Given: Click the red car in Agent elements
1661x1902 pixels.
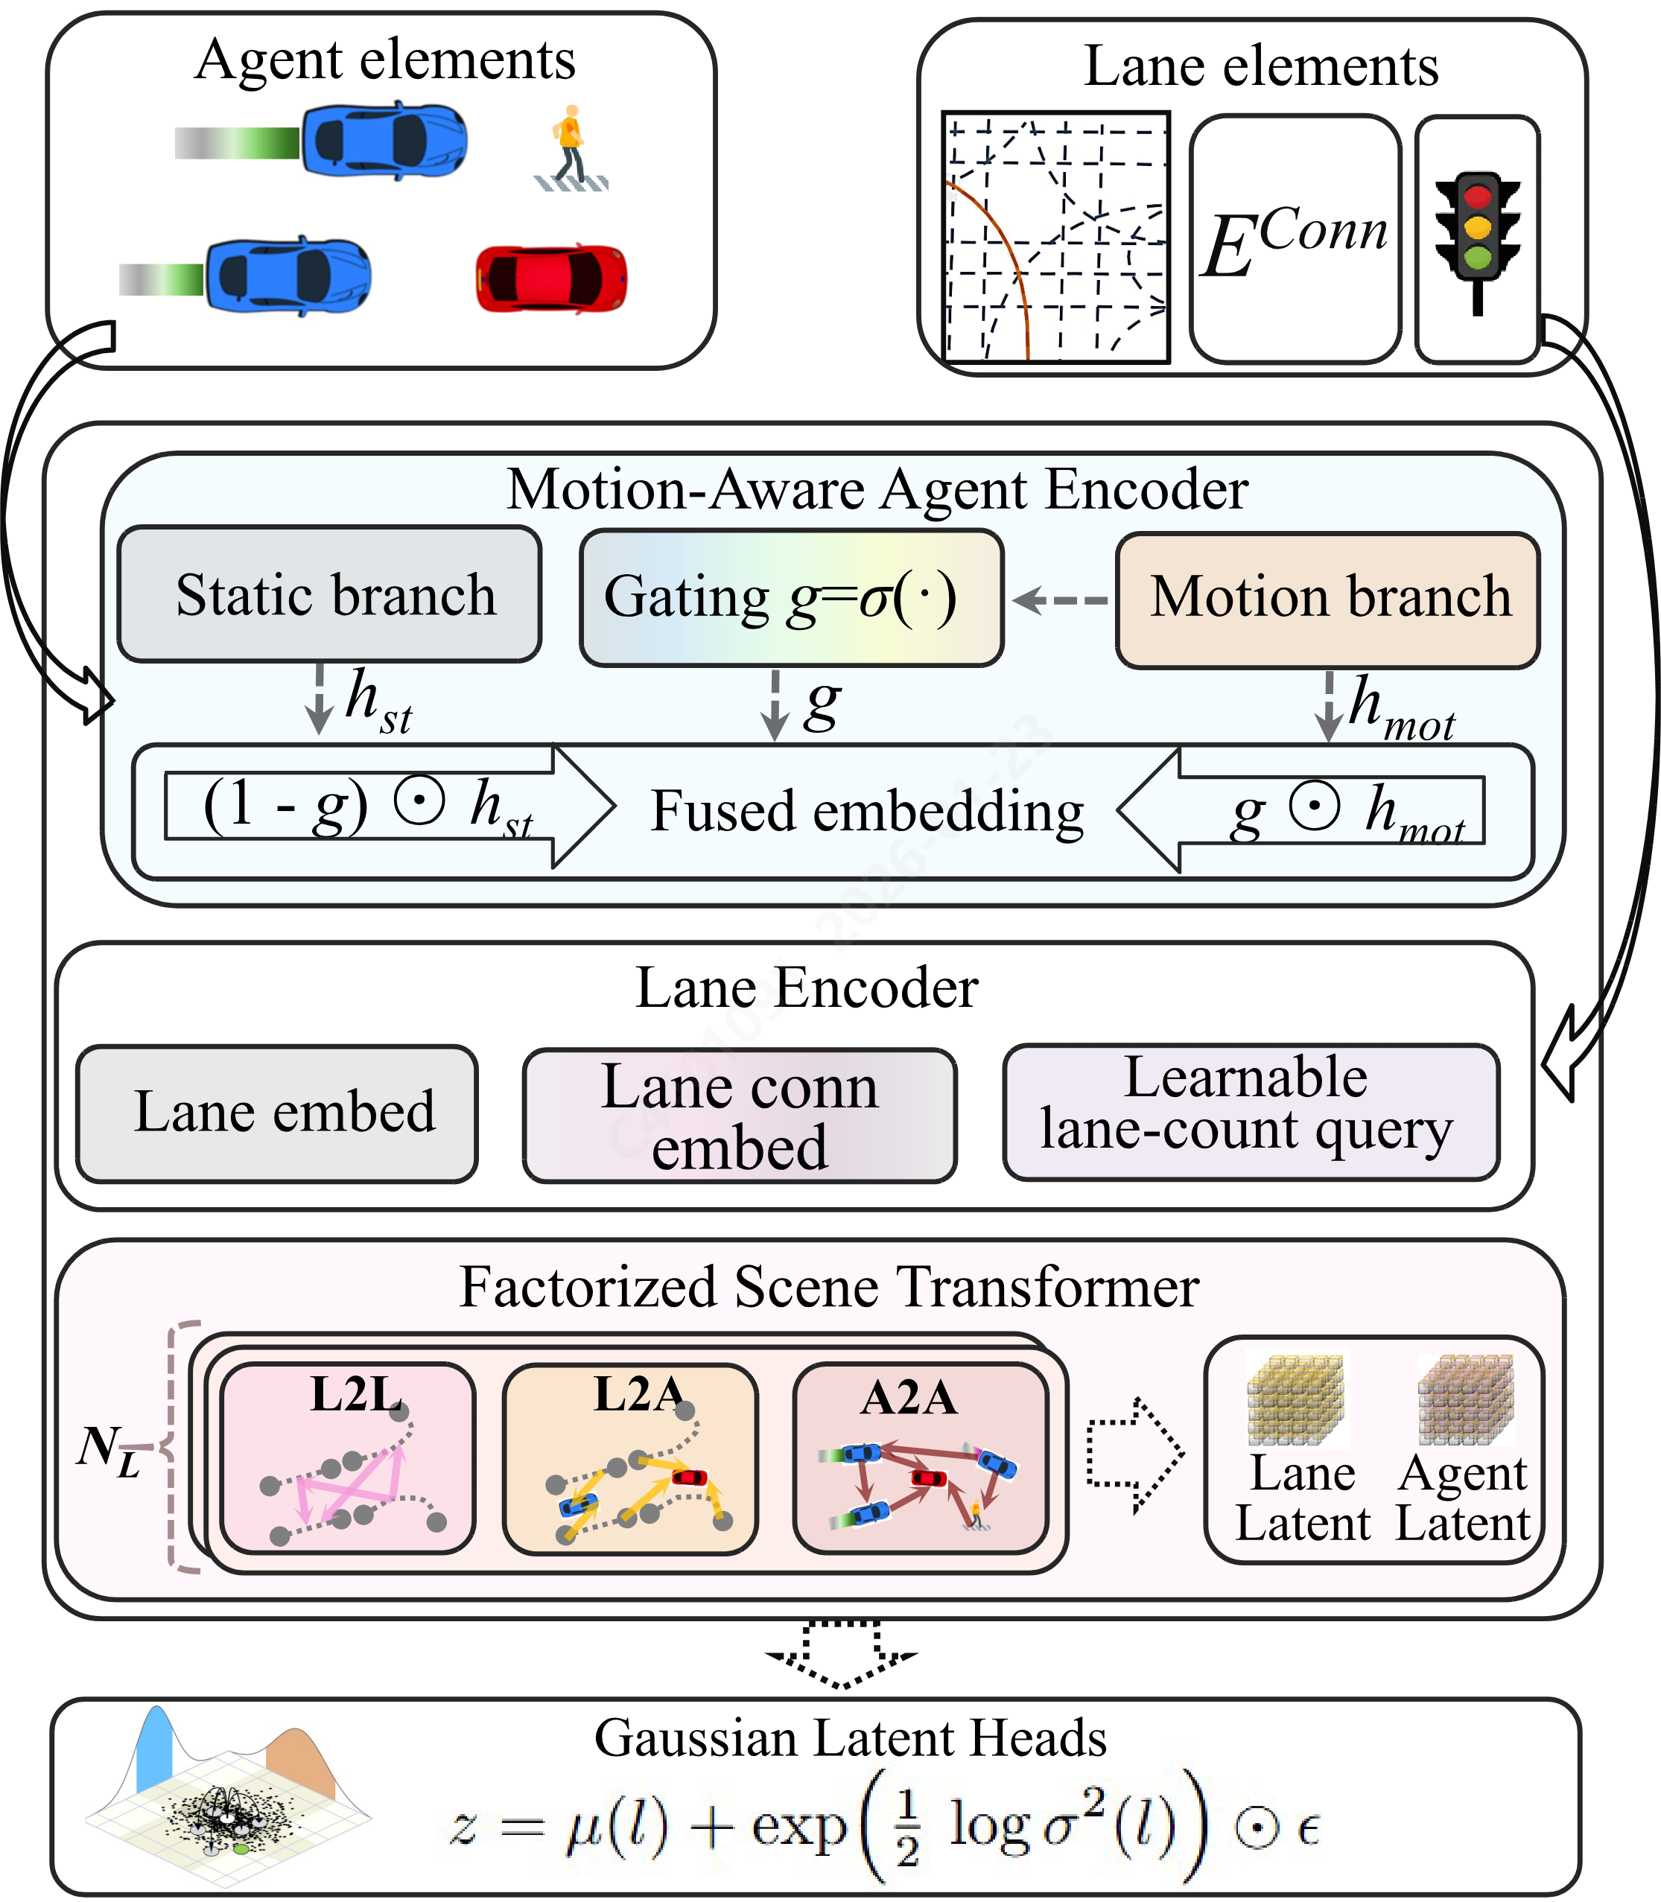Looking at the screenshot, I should (550, 278).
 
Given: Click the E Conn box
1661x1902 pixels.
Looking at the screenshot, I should (1295, 239).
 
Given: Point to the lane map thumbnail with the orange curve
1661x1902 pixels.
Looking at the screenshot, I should (1055, 238).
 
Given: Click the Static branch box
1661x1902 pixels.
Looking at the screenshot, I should (330, 594).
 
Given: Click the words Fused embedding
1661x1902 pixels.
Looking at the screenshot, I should (867, 811).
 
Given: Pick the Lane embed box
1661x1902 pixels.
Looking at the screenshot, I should (277, 1113).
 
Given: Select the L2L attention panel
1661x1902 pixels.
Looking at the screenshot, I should (349, 1458).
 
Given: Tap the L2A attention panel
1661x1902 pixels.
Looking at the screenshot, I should (630, 1458).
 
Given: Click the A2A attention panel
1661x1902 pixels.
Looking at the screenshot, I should (921, 1458).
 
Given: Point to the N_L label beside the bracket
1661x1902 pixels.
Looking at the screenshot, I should (109, 1451).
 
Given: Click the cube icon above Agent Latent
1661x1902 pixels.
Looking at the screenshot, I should (1467, 1399).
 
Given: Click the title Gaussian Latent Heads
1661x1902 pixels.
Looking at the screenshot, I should (850, 1738).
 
